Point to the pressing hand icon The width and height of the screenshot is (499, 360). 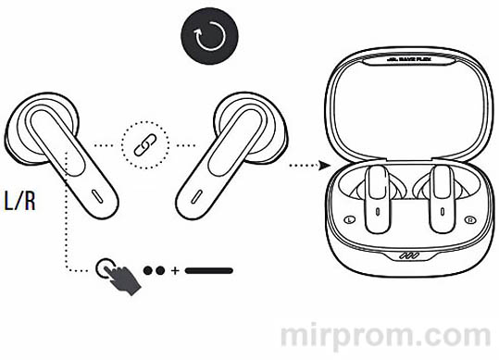[119, 274]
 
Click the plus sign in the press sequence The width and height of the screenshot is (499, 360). [175, 272]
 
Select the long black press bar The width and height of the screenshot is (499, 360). [208, 272]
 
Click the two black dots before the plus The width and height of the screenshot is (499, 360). [155, 272]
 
